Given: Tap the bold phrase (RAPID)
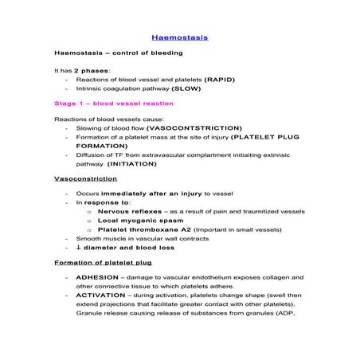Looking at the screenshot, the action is coord(220,80).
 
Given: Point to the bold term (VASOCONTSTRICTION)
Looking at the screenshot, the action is coord(190,127).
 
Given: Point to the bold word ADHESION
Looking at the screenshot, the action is coord(97,276).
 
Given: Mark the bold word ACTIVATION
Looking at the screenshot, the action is coord(101,295).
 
